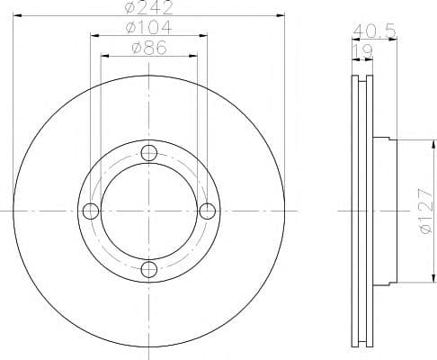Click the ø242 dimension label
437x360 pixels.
point(149,7)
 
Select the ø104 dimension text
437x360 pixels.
point(149,28)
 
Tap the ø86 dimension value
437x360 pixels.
point(149,48)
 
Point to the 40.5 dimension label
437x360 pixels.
point(374,31)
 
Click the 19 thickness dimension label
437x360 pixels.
point(362,51)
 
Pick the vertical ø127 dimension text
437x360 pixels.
point(426,211)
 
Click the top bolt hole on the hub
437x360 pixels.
point(149,153)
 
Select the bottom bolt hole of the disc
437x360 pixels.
point(149,269)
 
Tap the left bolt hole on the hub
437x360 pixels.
point(91,211)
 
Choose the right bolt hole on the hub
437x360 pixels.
point(208,211)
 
